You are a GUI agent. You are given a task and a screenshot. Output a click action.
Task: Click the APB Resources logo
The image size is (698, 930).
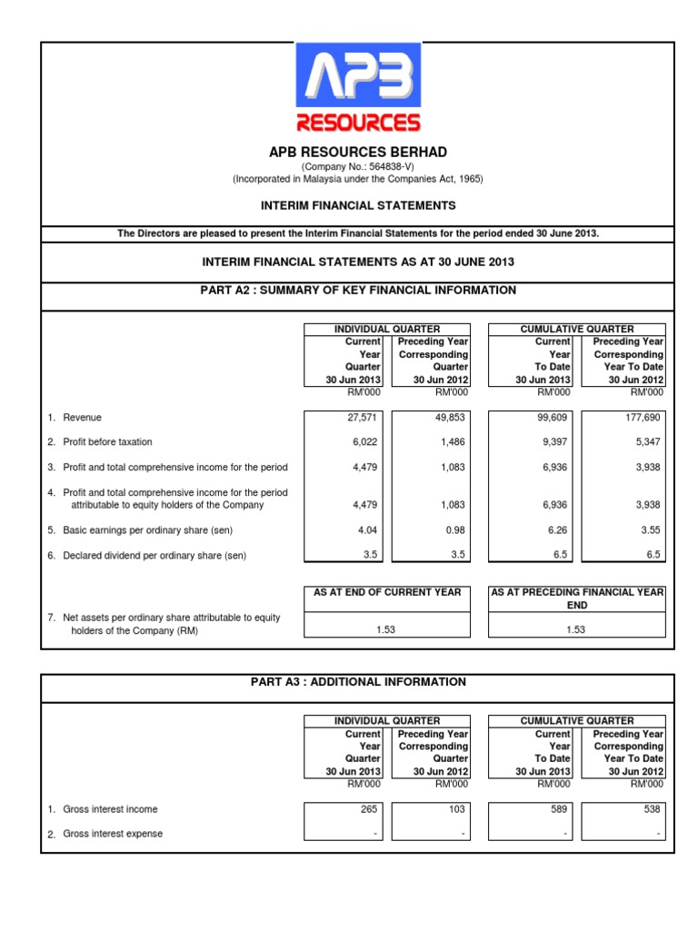[x=357, y=88]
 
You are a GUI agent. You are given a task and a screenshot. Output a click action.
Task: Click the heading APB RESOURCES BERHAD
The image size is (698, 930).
[x=357, y=152]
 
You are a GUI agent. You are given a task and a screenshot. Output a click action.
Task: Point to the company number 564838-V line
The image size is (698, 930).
[x=357, y=167]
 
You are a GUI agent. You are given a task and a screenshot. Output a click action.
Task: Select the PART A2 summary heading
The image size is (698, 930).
[x=357, y=291]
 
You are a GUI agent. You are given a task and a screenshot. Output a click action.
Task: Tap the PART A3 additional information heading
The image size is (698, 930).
[x=357, y=682]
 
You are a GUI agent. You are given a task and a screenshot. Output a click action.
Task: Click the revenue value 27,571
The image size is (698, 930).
[x=364, y=418]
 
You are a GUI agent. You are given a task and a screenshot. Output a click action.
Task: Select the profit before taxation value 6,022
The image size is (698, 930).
[x=365, y=442]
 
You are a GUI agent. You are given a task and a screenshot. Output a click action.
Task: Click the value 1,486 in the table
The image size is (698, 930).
[x=453, y=442]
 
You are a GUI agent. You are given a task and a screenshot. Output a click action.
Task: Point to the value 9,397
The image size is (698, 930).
[x=554, y=442]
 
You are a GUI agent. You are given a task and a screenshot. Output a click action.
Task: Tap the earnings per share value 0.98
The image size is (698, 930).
[x=456, y=529]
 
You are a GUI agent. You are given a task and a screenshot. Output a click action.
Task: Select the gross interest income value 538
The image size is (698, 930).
[x=652, y=809]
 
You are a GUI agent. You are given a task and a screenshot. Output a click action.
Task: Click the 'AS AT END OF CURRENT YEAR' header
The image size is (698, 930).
[x=387, y=592]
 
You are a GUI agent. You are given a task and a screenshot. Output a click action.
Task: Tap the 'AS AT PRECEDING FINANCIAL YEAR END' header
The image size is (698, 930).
[x=577, y=598]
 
